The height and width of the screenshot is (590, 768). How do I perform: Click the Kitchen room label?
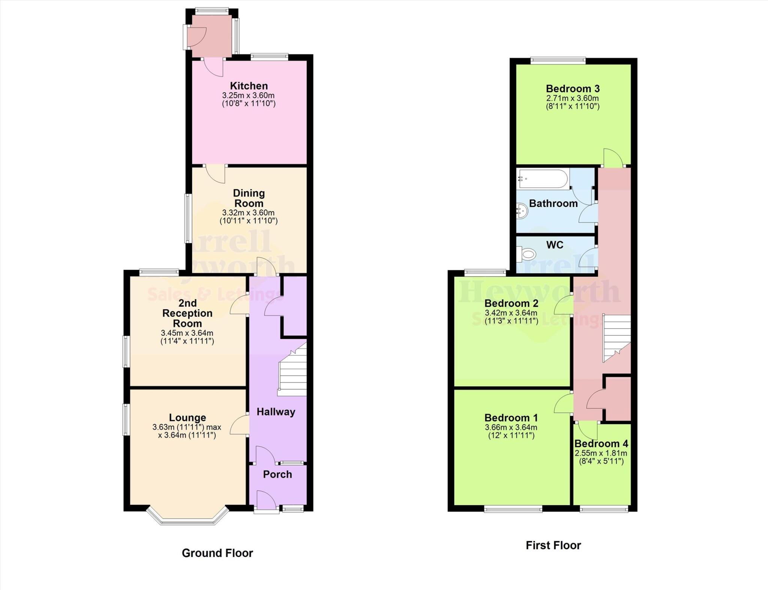coord(249,85)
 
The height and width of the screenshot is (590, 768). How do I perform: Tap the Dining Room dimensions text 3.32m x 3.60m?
coord(248,213)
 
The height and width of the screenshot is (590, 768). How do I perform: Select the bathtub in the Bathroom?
coord(543,179)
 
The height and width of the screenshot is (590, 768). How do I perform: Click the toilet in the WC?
coord(525,255)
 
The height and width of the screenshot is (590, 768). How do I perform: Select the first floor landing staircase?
coord(616,337)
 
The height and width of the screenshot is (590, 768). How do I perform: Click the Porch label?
coord(277,474)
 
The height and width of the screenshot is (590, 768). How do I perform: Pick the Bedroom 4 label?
coord(601,443)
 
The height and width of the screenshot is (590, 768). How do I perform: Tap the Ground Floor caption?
coord(217,553)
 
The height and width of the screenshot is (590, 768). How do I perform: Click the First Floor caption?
coord(553,545)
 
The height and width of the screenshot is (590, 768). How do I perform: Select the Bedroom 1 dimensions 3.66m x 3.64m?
coord(511,427)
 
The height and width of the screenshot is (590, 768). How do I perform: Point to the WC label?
coord(555,245)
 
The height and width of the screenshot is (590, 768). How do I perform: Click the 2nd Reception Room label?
coord(187,313)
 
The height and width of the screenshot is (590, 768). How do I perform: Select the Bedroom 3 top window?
coord(558,60)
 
